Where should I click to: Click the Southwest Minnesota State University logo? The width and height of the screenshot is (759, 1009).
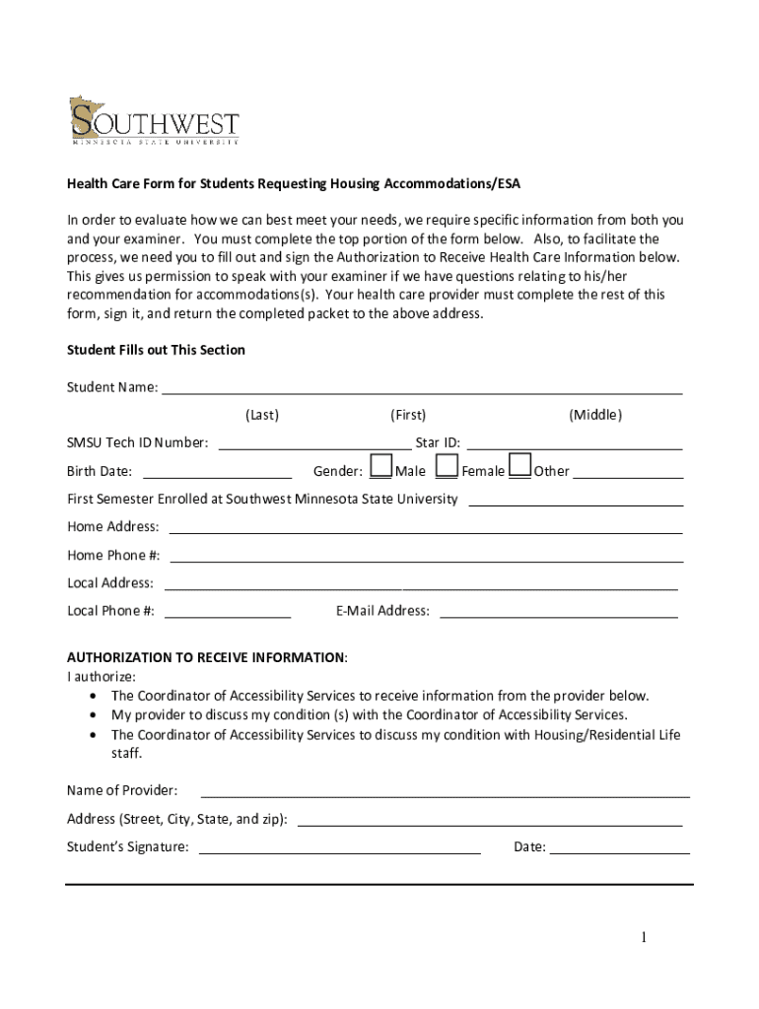click(153, 121)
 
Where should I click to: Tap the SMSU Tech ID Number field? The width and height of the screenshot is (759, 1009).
click(313, 444)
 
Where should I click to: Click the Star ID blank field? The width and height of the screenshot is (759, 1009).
click(575, 444)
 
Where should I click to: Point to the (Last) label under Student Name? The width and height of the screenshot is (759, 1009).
click(262, 415)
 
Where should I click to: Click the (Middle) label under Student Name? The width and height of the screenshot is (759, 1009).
click(595, 415)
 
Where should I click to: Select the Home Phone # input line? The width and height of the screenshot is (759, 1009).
click(426, 557)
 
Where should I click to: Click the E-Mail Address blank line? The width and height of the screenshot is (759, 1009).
click(558, 612)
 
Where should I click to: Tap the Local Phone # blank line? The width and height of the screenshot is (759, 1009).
click(228, 612)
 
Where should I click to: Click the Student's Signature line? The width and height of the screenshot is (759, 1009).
click(340, 848)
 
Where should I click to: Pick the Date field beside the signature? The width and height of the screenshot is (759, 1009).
click(619, 848)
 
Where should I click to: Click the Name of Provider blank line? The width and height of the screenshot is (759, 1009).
click(445, 792)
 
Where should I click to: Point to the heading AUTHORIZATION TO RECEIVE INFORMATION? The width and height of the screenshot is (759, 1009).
click(206, 657)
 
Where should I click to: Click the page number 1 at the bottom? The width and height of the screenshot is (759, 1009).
click(642, 937)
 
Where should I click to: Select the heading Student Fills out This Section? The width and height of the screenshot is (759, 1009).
click(156, 350)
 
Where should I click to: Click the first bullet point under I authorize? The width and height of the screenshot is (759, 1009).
click(379, 696)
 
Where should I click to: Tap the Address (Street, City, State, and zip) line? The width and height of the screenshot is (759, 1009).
click(490, 821)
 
